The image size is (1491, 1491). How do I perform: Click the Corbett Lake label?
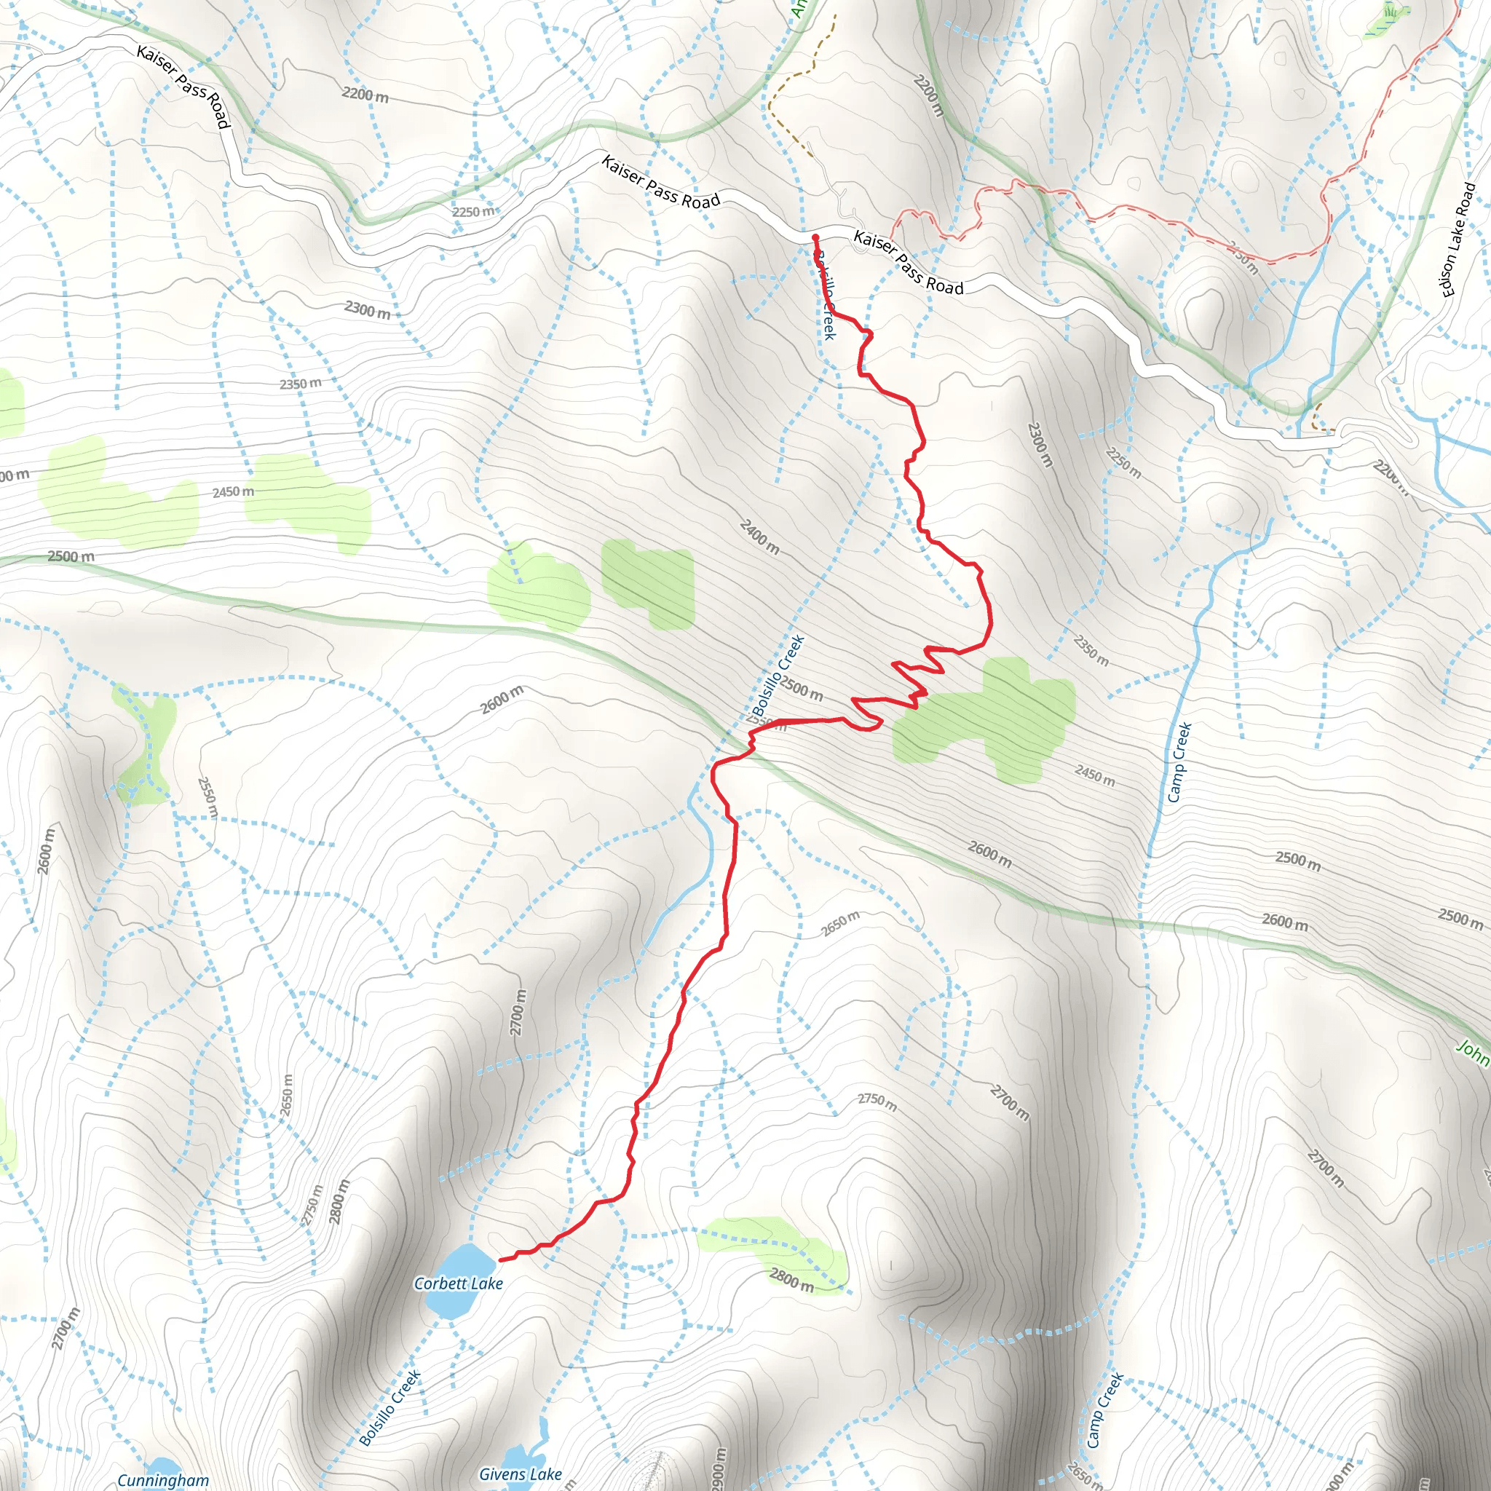click(x=459, y=1284)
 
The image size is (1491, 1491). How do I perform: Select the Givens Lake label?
click(x=520, y=1474)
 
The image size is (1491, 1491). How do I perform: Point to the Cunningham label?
click(x=163, y=1479)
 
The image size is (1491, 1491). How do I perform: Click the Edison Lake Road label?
click(x=1458, y=240)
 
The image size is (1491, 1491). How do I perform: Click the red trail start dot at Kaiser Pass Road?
click(x=815, y=237)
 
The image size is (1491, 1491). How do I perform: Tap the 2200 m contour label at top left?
click(x=365, y=95)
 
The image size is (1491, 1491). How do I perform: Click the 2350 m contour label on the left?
click(x=300, y=384)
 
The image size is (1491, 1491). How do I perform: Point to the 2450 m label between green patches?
click(x=233, y=491)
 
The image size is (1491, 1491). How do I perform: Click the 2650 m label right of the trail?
click(x=840, y=923)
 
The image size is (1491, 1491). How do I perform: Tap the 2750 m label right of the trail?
click(x=877, y=1102)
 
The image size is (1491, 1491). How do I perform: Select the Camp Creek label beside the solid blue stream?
click(x=1179, y=762)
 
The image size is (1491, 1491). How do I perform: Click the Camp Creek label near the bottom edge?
click(x=1104, y=1410)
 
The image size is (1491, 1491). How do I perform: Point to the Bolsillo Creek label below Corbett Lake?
click(x=390, y=1408)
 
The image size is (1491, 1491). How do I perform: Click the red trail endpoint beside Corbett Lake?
click(x=501, y=1260)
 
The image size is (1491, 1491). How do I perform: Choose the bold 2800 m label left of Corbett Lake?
click(x=339, y=1201)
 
